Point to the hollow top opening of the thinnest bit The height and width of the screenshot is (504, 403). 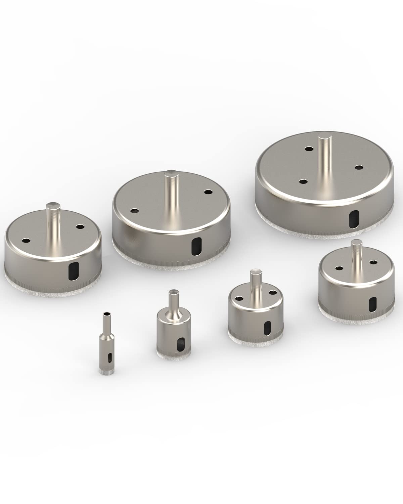tap(106, 314)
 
